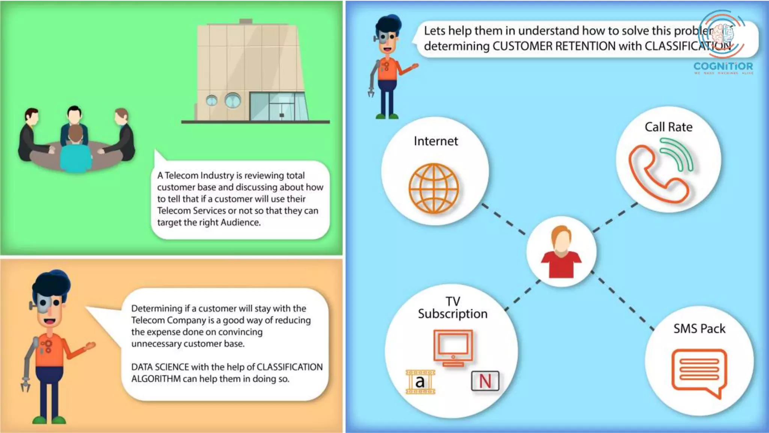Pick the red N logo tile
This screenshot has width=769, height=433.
[485, 381]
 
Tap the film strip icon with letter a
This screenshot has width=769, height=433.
[420, 382]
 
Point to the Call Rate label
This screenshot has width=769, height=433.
[668, 127]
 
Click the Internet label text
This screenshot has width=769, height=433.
[436, 141]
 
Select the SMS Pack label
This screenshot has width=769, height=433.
[699, 329]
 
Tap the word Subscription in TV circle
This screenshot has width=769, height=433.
[452, 313]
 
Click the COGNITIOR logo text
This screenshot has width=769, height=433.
[723, 67]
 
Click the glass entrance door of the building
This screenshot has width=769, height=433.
[282, 107]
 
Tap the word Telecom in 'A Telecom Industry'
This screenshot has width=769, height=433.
[182, 176]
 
